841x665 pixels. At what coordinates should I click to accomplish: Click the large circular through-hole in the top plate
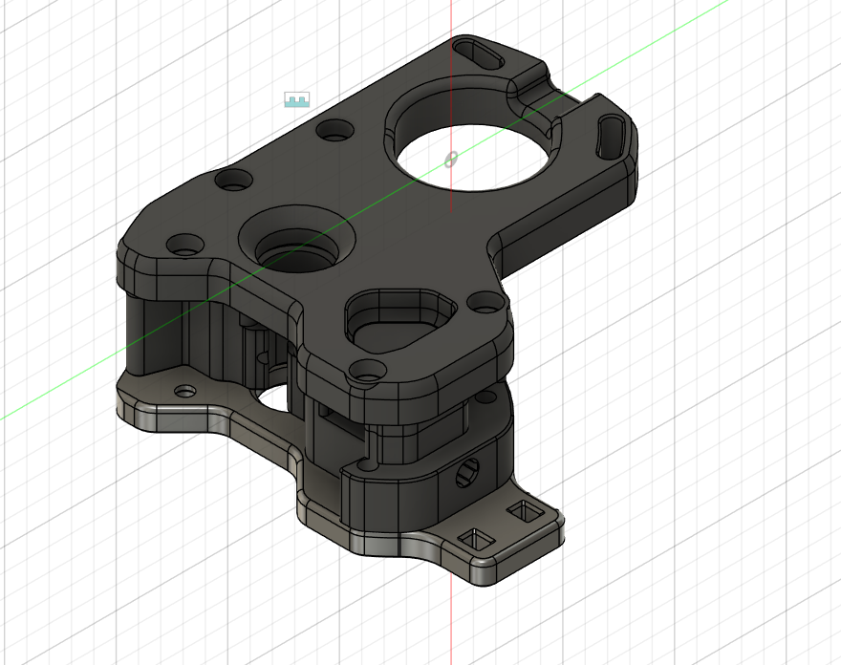coord(468,153)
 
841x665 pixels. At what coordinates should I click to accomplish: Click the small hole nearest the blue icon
coord(334,130)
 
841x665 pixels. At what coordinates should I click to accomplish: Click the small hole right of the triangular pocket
coord(486,304)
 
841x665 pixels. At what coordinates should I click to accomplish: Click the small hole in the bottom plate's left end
coord(183,391)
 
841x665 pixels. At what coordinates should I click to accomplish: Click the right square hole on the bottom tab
coord(524,514)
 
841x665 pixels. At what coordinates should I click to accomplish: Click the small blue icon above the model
coord(297,99)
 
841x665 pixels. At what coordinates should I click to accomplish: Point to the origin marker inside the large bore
coord(451,160)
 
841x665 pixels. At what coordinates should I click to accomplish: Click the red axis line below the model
coord(451,621)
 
